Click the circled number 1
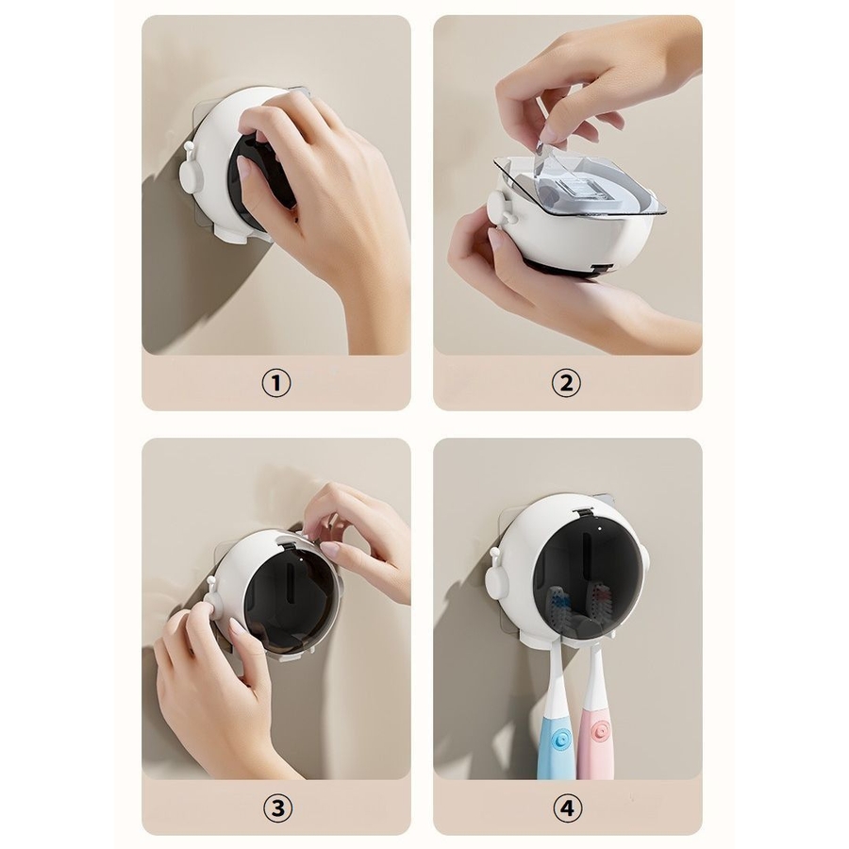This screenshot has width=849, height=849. [276, 383]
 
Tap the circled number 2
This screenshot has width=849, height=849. [566, 383]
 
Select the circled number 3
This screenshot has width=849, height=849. [277, 808]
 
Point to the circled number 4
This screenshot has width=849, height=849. [567, 808]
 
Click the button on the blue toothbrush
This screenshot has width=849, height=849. [561, 738]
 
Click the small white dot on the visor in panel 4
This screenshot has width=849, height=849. [599, 528]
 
